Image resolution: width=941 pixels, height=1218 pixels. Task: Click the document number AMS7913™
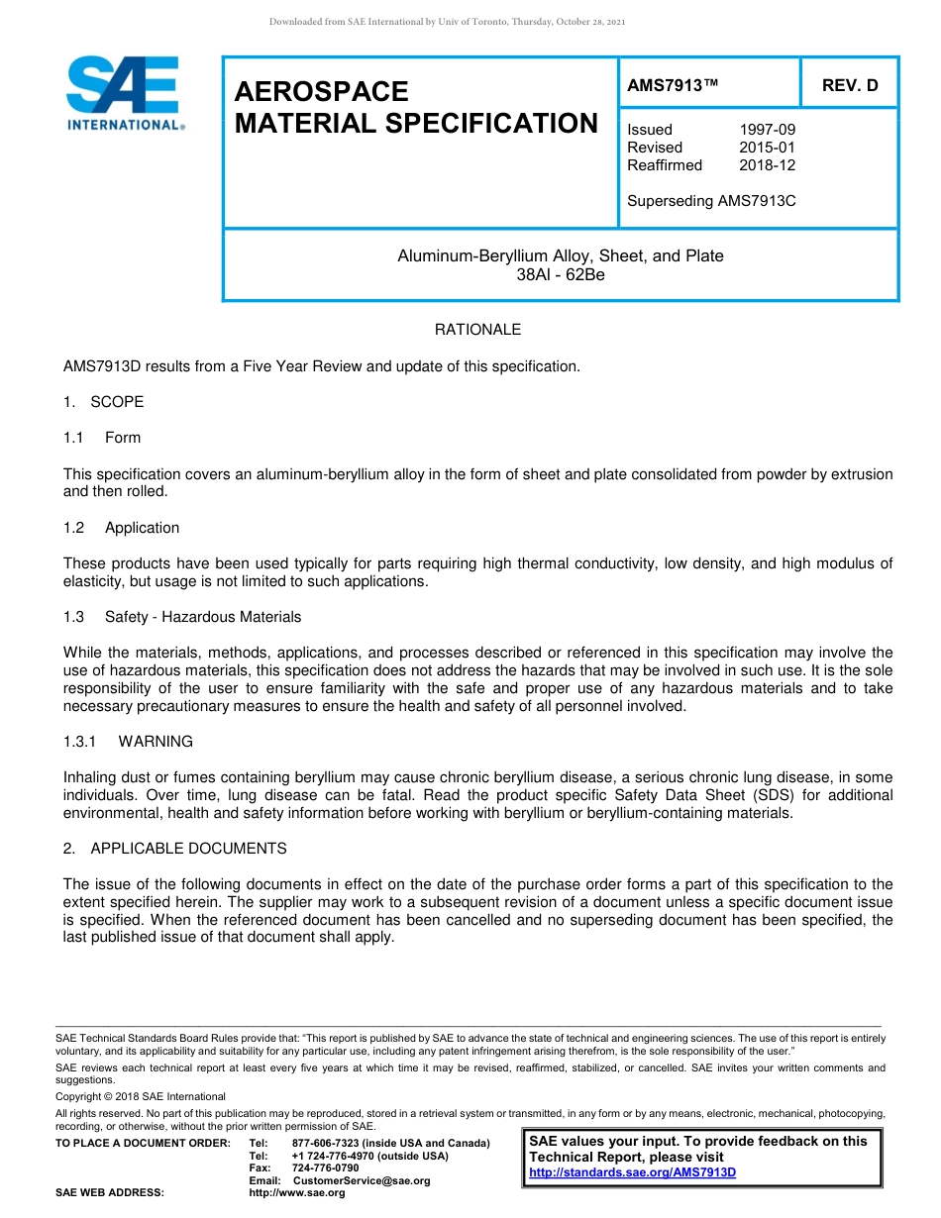click(672, 85)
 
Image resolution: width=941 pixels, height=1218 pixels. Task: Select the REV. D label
click(849, 85)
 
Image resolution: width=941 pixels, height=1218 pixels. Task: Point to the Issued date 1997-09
click(767, 130)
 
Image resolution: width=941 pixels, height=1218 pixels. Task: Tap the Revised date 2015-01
click(767, 148)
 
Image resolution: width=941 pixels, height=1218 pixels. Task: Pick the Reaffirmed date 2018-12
click(767, 165)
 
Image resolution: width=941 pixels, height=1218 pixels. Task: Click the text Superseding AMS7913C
click(711, 201)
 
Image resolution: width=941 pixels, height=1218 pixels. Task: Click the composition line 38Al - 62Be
click(560, 274)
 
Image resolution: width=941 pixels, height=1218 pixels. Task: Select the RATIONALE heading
click(477, 330)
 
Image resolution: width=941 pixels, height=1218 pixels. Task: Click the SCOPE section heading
click(116, 402)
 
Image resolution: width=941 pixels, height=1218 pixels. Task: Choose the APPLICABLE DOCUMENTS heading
click(188, 849)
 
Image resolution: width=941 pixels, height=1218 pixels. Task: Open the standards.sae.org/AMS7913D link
click(632, 1172)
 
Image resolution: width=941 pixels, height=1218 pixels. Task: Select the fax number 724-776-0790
click(325, 1167)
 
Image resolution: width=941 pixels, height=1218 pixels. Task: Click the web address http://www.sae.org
click(297, 1192)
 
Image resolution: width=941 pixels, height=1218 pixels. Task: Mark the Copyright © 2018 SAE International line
click(141, 1096)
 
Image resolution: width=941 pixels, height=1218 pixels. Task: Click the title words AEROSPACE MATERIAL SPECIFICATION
click(415, 108)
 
